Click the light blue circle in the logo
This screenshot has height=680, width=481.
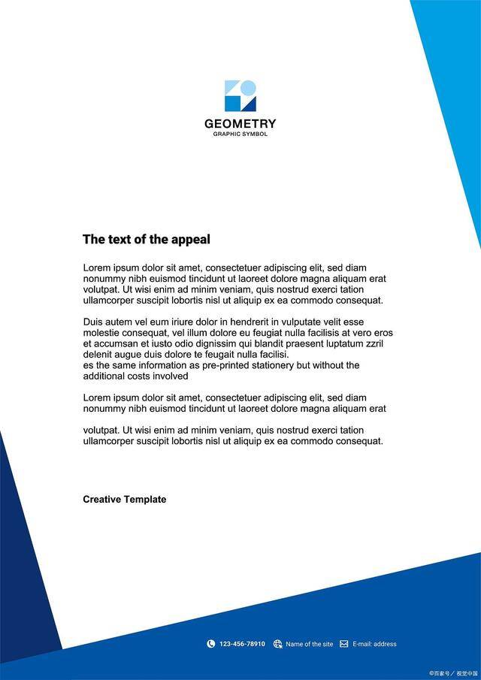[249, 88]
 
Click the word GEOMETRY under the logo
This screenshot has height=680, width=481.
[240, 124]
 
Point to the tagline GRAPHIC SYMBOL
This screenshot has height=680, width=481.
[240, 134]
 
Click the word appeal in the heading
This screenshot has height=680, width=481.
[191, 240]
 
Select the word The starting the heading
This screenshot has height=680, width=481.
[92, 240]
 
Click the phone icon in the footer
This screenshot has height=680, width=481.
[211, 644]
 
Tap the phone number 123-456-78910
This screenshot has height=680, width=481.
[242, 644]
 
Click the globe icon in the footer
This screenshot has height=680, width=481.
[278, 644]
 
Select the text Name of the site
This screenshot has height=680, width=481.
[309, 644]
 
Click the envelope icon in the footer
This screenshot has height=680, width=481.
[344, 644]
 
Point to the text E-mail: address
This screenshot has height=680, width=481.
[374, 644]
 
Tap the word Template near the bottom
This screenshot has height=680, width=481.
[145, 500]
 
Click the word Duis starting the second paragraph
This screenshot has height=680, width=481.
[93, 322]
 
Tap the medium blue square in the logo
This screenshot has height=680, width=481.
[232, 104]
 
